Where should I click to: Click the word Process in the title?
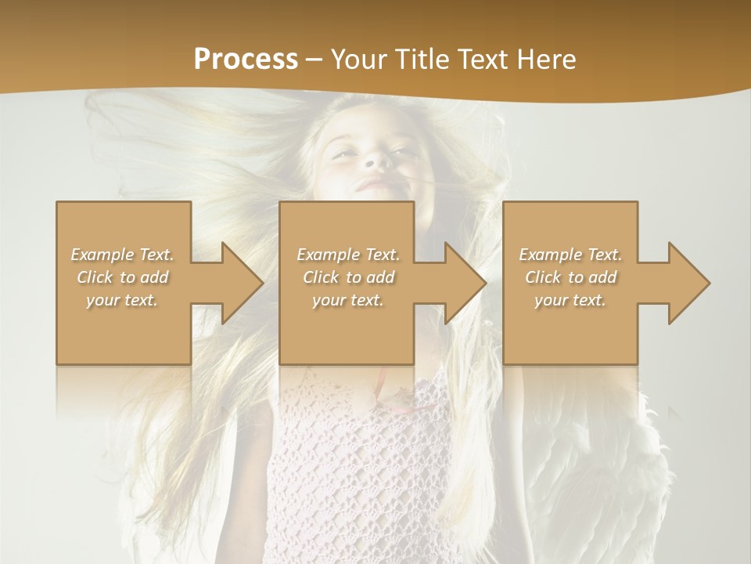coord(246,60)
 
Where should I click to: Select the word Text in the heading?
coord(481,60)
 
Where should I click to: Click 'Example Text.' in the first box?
coord(122,254)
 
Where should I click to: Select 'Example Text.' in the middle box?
coord(348,254)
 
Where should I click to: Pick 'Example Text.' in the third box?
coord(570,254)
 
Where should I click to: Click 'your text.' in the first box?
coord(122,300)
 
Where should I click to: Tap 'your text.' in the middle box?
coord(348,300)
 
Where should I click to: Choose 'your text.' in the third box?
coord(570,300)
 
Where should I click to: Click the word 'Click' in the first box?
coord(95,277)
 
